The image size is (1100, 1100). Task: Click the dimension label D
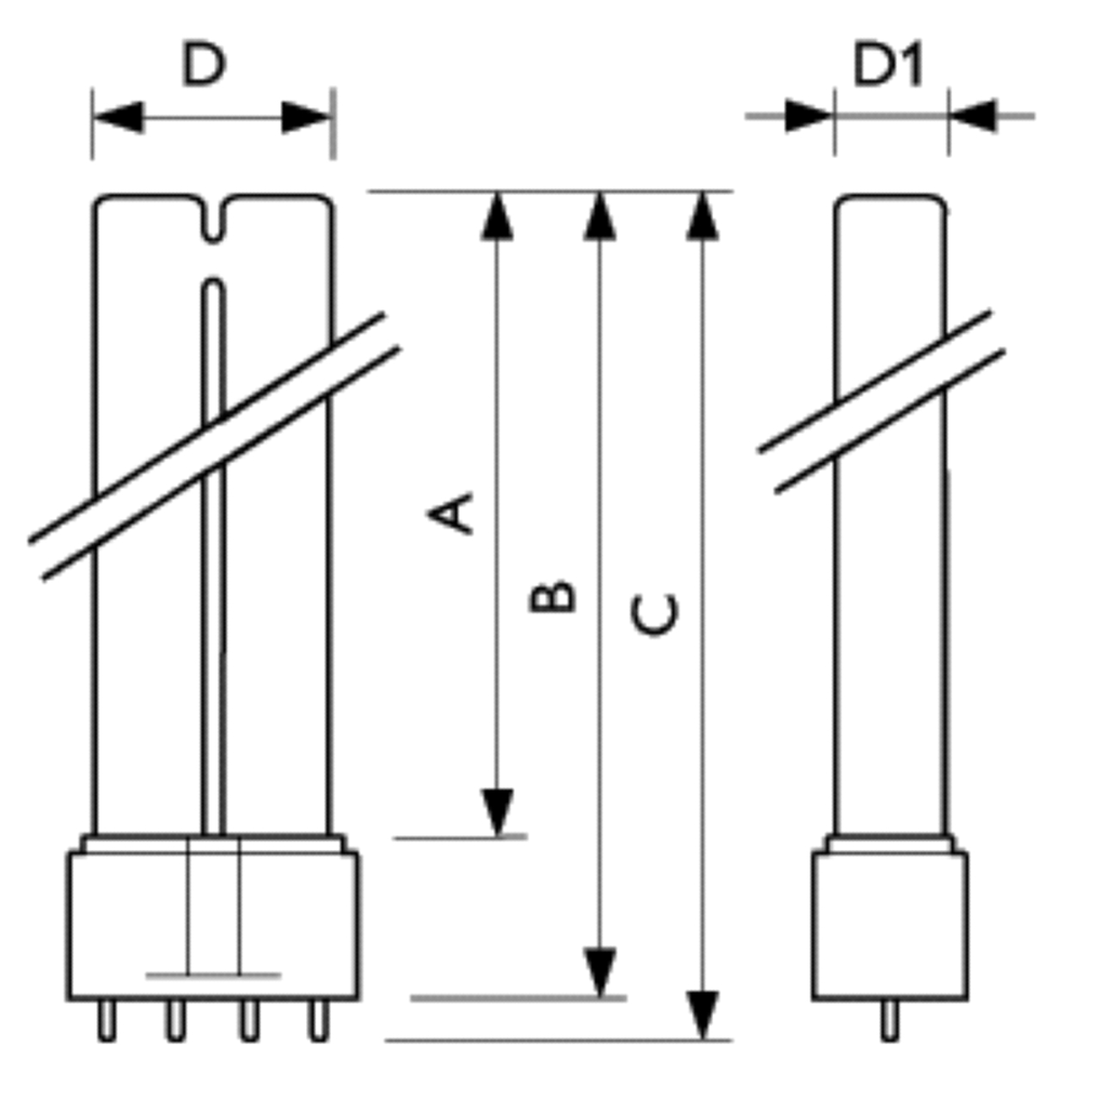[204, 64]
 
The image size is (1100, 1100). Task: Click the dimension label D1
[887, 65]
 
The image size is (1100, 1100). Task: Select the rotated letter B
[552, 596]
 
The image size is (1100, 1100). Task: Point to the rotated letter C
[655, 614]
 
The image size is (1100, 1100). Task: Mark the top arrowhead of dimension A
[498, 216]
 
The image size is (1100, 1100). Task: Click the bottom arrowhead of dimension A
[498, 813]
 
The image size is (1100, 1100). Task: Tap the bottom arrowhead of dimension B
[599, 972]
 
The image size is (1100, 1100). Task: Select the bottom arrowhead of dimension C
[703, 1016]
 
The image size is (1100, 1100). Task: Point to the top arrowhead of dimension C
[703, 216]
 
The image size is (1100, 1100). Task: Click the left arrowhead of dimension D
[119, 118]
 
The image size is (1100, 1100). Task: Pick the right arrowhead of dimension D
[307, 118]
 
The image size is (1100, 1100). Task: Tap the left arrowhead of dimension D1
[810, 116]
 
